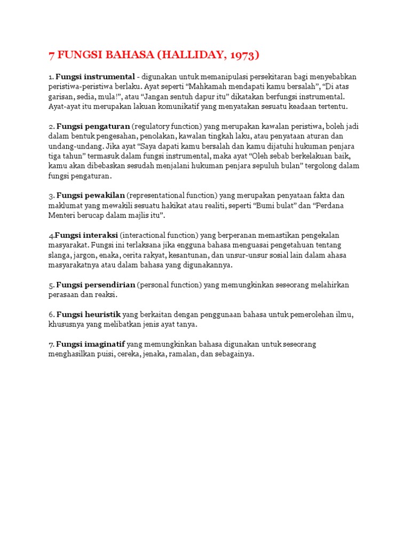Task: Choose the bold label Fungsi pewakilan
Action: click(x=91, y=196)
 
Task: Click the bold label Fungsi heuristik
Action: click(x=89, y=314)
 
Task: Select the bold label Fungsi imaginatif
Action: click(x=91, y=344)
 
